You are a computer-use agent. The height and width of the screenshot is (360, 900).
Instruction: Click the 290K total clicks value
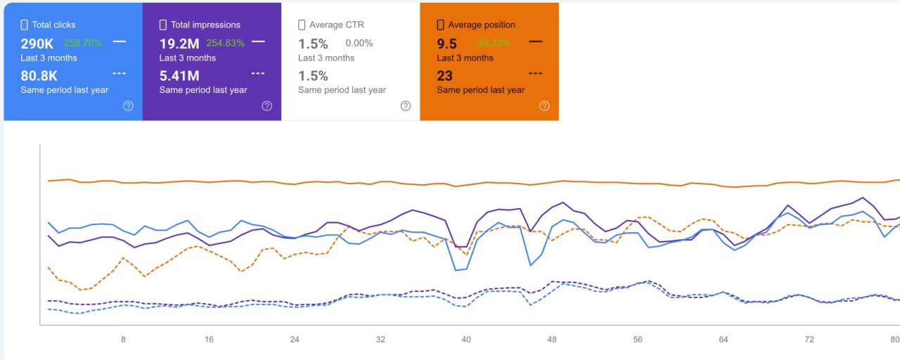[x=37, y=44]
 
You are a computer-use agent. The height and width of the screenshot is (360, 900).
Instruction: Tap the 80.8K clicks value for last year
[x=39, y=76]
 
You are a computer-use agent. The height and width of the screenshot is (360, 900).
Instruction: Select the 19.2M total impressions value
[x=179, y=44]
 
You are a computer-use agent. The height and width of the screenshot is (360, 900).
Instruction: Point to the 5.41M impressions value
[x=179, y=76]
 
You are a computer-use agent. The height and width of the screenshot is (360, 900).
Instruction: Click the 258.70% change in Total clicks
[x=83, y=44]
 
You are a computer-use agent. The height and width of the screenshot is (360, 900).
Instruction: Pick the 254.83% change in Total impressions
[x=225, y=44]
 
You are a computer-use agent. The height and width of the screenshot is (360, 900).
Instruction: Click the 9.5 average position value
[x=447, y=44]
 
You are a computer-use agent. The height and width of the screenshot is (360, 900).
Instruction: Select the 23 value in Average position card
[x=444, y=76]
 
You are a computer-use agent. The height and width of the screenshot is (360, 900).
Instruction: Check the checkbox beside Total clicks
[x=25, y=25]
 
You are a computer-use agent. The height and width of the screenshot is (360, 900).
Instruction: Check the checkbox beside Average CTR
[x=302, y=25]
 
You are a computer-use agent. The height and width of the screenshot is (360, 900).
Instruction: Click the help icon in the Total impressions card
[x=267, y=106]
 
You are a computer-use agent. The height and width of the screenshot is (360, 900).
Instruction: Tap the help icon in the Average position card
[x=544, y=106]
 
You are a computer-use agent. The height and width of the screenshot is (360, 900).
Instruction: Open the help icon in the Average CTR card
[x=406, y=106]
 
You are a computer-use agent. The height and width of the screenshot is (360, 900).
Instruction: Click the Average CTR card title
[x=336, y=25]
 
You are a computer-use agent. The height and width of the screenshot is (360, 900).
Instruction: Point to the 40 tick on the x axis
[x=466, y=340]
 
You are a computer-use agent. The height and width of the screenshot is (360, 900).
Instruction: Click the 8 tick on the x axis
[x=123, y=340]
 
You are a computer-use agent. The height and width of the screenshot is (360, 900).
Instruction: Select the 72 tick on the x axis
[x=809, y=340]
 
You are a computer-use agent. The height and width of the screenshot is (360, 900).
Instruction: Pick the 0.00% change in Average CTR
[x=359, y=44]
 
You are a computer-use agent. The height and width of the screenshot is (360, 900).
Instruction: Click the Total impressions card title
[x=205, y=25]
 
